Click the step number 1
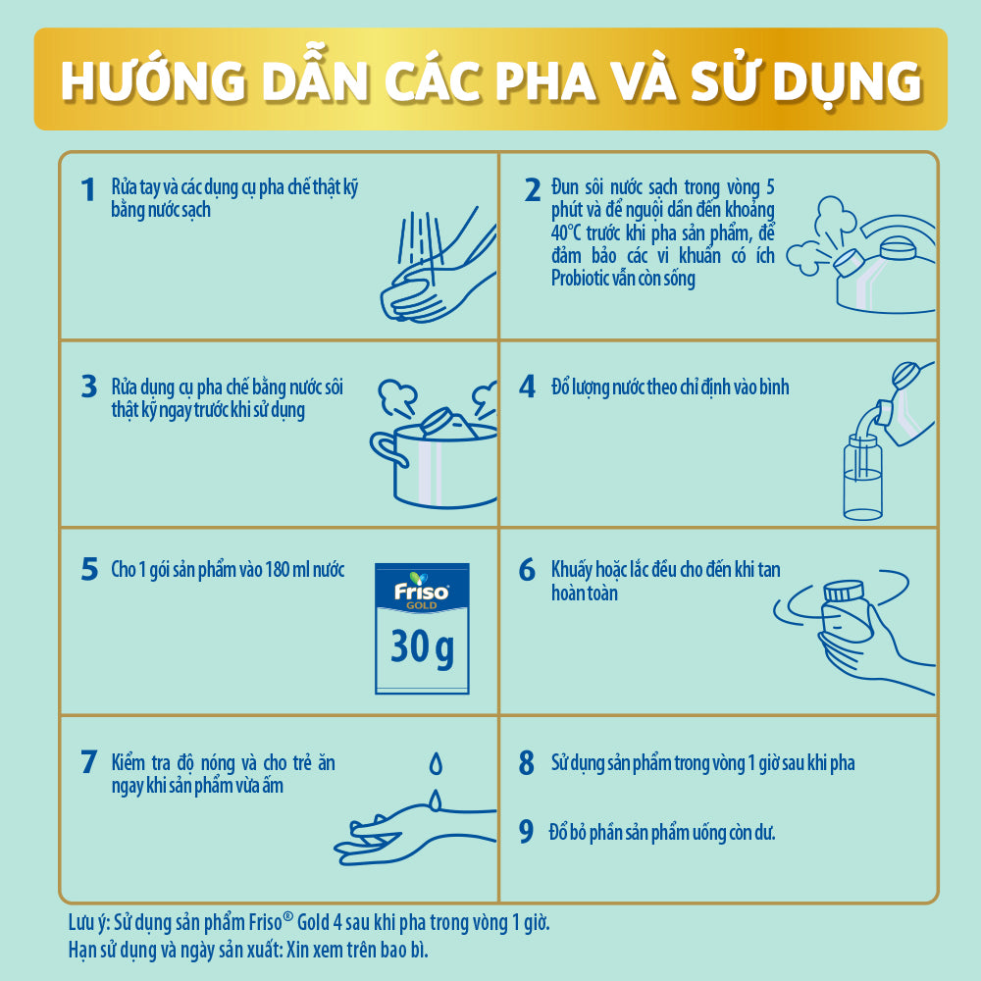pyautogui.click(x=89, y=189)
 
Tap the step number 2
pyautogui.click(x=533, y=189)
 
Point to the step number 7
pyautogui.click(x=89, y=762)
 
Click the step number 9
pyautogui.click(x=527, y=833)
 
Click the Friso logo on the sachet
pyautogui.click(x=421, y=592)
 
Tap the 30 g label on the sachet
pyautogui.click(x=422, y=647)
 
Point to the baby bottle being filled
pyautogui.click(x=863, y=481)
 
